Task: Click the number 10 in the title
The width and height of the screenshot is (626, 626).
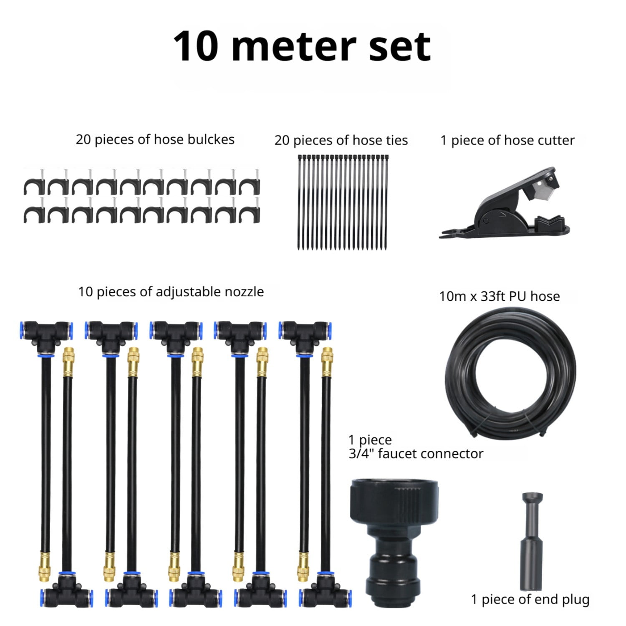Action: pos(196,46)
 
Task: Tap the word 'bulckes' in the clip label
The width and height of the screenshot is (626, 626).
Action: pos(211,139)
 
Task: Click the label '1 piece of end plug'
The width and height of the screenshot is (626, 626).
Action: pos(530,599)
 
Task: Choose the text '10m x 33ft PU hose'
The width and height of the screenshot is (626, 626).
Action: pos(499,296)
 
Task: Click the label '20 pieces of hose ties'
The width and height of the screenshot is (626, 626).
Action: pos(341,140)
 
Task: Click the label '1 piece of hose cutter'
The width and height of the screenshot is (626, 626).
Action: pos(507,140)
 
